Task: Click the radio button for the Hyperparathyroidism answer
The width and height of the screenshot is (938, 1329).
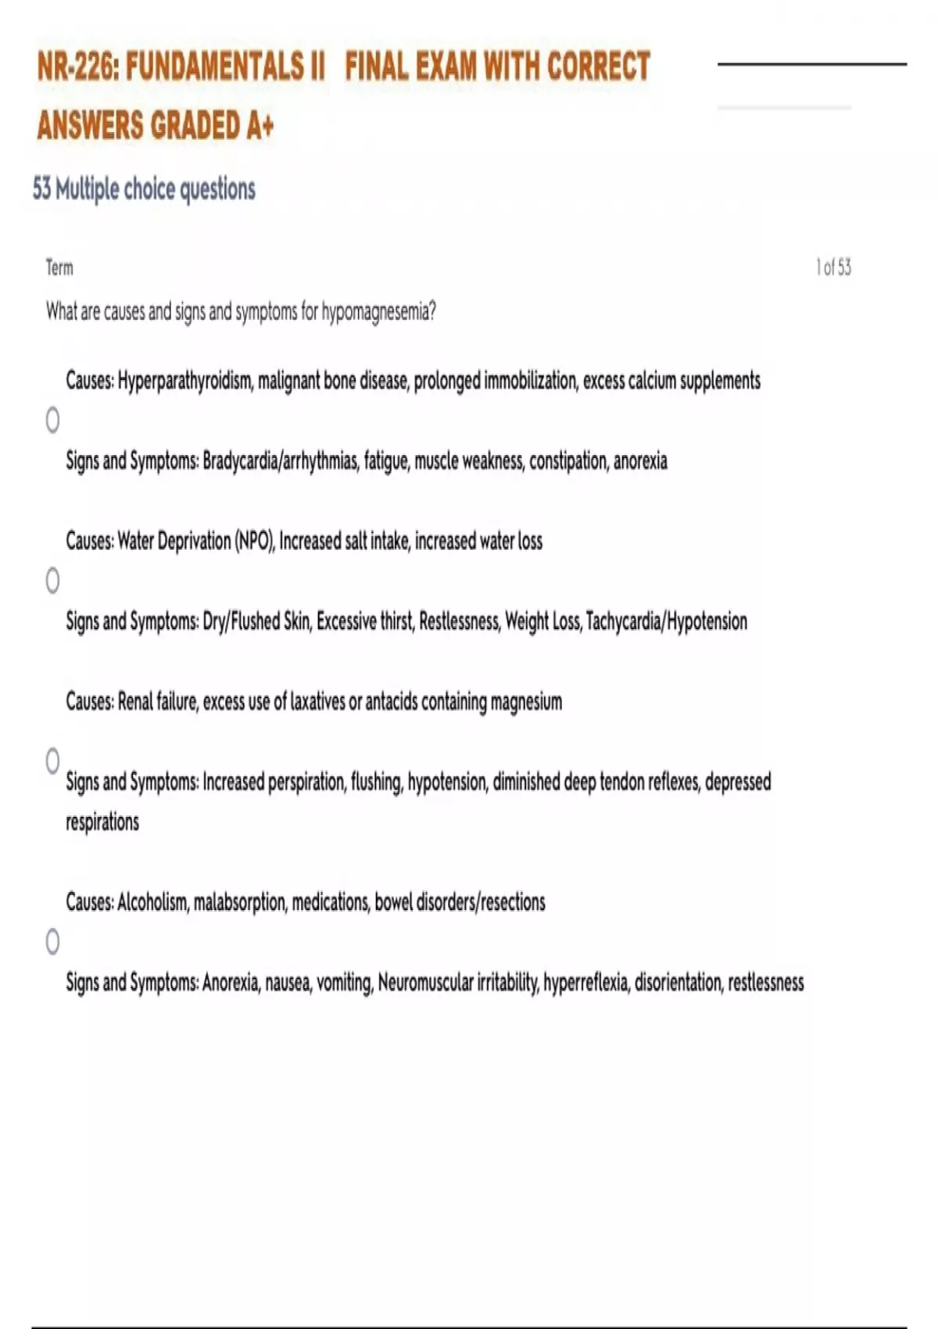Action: coord(52,421)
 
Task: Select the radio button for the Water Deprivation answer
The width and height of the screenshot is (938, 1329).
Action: coord(52,581)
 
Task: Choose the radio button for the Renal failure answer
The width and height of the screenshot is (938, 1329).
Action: coord(52,761)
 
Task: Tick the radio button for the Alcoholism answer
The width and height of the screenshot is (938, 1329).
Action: coord(52,942)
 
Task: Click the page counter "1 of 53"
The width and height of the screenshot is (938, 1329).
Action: coord(833,268)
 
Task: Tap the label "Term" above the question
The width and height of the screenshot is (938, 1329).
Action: coord(59,268)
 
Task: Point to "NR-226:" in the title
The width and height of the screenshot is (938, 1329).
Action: coord(78,67)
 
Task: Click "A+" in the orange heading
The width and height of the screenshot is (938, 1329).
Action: coord(260,126)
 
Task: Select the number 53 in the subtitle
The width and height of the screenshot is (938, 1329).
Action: coord(42,189)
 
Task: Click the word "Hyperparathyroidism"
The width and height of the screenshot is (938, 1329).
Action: coord(185,382)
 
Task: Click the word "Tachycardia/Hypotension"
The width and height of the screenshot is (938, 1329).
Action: coord(666,622)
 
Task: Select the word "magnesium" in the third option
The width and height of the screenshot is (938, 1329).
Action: coord(526,702)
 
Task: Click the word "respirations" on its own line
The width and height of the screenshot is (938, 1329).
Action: coord(102,822)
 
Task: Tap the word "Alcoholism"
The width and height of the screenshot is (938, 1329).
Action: coord(152,902)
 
